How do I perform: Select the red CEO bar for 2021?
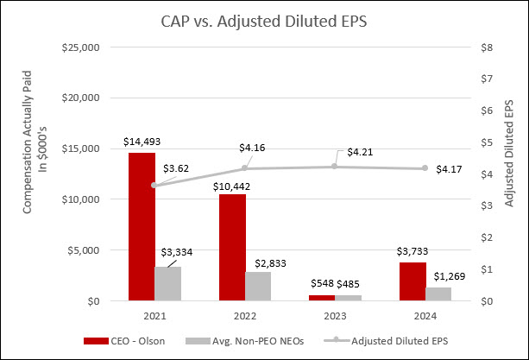[142, 227]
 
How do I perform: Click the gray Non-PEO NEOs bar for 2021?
[168, 283]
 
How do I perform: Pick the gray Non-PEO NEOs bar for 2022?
[259, 286]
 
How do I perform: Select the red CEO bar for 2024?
[412, 281]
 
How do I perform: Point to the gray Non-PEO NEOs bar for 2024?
[439, 294]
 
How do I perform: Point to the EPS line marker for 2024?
[425, 168]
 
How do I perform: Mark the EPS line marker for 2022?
[245, 168]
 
